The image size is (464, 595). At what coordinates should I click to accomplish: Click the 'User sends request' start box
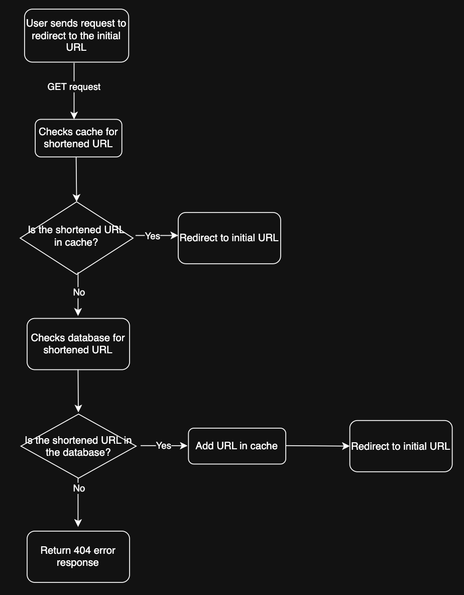point(76,36)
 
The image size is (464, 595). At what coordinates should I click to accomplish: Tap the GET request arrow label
point(74,87)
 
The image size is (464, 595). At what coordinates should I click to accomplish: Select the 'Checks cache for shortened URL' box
point(78,138)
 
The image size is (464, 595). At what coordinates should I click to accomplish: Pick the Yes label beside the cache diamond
point(152,236)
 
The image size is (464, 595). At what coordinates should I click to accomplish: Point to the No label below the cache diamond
point(79,292)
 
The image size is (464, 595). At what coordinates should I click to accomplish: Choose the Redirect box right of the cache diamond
point(229,238)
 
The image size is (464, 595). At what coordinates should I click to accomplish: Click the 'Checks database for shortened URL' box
point(78,344)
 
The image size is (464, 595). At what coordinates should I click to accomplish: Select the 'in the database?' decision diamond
point(78,446)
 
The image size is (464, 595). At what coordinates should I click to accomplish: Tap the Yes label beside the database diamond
point(164,446)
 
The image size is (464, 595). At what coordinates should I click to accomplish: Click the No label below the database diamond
point(79,488)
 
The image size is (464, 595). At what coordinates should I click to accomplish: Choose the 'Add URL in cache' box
point(237,446)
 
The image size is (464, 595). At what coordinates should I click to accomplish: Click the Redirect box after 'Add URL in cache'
point(401,446)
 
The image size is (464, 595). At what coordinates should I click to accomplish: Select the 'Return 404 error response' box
point(78,556)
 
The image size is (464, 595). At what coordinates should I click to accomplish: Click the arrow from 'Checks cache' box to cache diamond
point(76,179)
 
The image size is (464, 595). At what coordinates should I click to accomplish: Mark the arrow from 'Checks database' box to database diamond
point(78,391)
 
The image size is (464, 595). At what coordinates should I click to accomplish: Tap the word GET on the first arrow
point(57,87)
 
